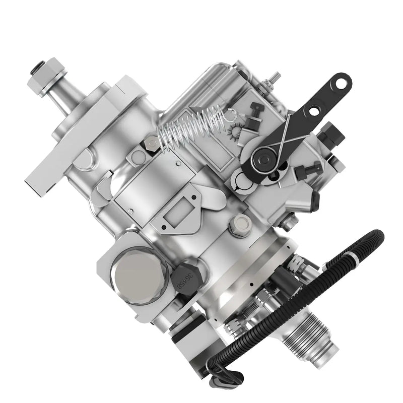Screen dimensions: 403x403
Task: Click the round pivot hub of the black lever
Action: pyautogui.click(x=263, y=160)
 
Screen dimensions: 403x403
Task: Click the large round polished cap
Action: pyautogui.click(x=136, y=276)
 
